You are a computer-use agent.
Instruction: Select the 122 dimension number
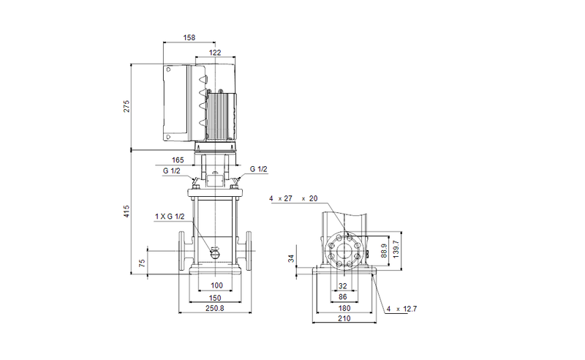coord(215,53)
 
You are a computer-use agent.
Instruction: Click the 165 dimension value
coord(178,159)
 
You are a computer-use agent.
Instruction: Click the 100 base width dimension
coord(216,285)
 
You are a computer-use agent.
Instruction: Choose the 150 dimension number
coord(216,298)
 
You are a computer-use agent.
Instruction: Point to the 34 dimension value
coord(291,258)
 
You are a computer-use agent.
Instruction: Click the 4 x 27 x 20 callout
coord(293,198)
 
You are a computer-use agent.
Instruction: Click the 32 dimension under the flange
coord(344,285)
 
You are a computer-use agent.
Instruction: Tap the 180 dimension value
coord(344,309)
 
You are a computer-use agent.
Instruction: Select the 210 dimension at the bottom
coord(344,320)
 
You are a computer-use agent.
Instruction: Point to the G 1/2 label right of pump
coord(258,169)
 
